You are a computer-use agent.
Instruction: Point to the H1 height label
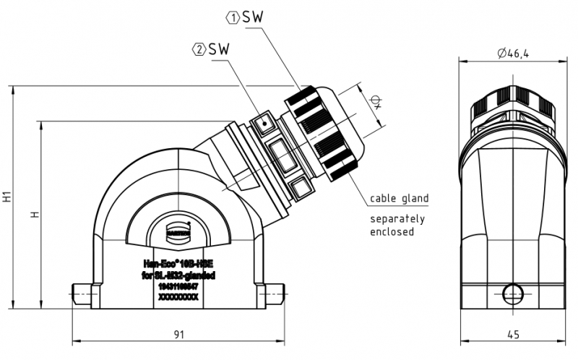7,196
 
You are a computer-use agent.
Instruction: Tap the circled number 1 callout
233,16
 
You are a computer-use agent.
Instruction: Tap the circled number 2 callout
197,49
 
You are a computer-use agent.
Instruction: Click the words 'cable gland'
399,198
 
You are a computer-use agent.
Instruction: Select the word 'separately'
397,219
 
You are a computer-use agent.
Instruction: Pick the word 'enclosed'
392,232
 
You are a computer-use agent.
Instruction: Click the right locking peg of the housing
272,292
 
